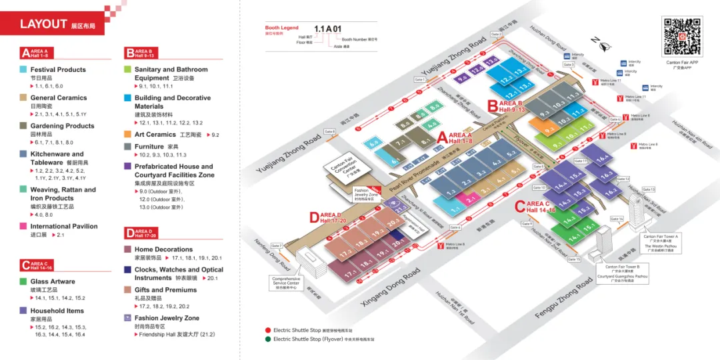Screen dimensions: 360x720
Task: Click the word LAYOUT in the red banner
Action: [43, 24]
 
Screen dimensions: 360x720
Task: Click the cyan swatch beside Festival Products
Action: [24, 69]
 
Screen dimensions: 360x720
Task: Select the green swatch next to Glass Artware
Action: [24, 281]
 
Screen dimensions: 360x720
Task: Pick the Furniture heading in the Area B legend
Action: [149, 147]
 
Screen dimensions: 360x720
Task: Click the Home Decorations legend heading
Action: [163, 249]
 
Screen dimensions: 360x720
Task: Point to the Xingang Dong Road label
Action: [391, 288]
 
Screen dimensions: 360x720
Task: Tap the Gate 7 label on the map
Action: [277, 246]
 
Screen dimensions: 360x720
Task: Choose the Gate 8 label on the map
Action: [329, 131]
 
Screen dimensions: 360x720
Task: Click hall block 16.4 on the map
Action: [603, 158]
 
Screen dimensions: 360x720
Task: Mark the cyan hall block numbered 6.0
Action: [373, 143]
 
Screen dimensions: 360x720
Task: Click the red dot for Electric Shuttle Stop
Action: [268, 330]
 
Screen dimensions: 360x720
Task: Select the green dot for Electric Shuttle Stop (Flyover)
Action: [268, 339]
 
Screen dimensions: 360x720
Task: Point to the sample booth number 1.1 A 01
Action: [328, 29]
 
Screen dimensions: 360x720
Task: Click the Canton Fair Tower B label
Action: [623, 267]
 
